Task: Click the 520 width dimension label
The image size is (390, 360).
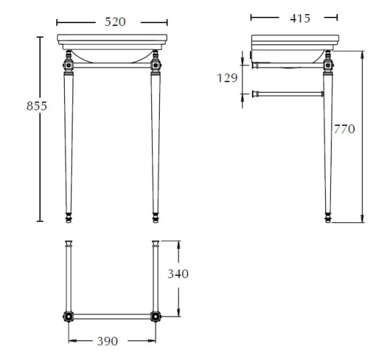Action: coord(115,22)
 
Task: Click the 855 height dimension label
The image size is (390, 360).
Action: coord(37,105)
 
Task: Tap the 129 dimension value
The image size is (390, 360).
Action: coord(227,78)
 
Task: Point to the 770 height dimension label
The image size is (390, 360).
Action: coord(345,129)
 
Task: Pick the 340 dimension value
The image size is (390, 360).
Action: coord(178,274)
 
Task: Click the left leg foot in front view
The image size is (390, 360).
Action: coord(68,217)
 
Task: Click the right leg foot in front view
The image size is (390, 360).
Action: coord(155,217)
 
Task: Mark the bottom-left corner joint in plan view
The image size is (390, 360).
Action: coord(68,316)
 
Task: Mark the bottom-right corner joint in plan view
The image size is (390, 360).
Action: coord(155,316)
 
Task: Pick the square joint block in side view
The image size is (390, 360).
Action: coord(327,66)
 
